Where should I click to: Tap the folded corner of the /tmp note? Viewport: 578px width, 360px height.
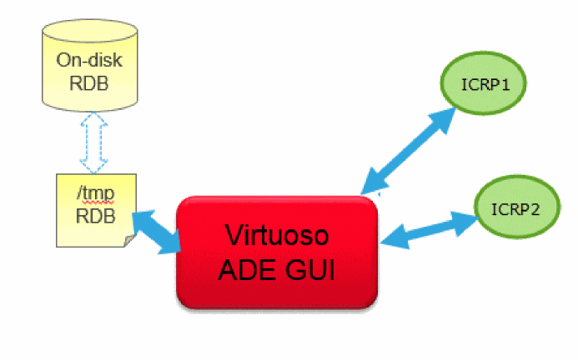coord(126,239)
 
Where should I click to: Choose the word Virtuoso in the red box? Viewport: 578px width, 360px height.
coord(278,236)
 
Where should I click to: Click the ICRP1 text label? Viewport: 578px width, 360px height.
coord(484,85)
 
